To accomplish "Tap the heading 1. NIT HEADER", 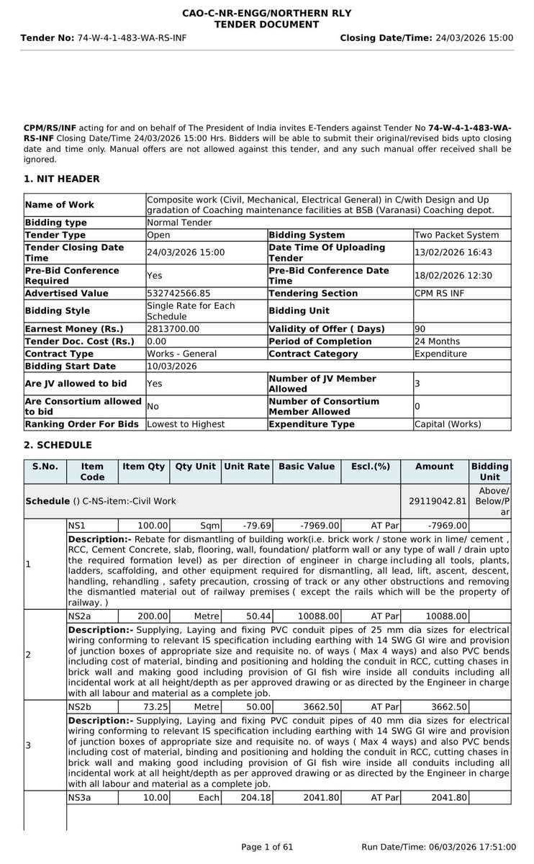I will click(x=61, y=179).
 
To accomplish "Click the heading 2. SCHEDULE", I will click(x=58, y=445).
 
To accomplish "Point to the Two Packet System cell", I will click(x=456, y=235).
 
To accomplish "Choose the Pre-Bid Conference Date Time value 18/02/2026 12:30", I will click(x=450, y=275).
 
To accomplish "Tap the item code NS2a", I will click(x=81, y=616).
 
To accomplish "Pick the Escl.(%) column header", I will click(x=366, y=467).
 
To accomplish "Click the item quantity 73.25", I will click(x=155, y=707).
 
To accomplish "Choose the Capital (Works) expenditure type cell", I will click(x=448, y=424).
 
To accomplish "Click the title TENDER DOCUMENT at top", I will click(x=266, y=24).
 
